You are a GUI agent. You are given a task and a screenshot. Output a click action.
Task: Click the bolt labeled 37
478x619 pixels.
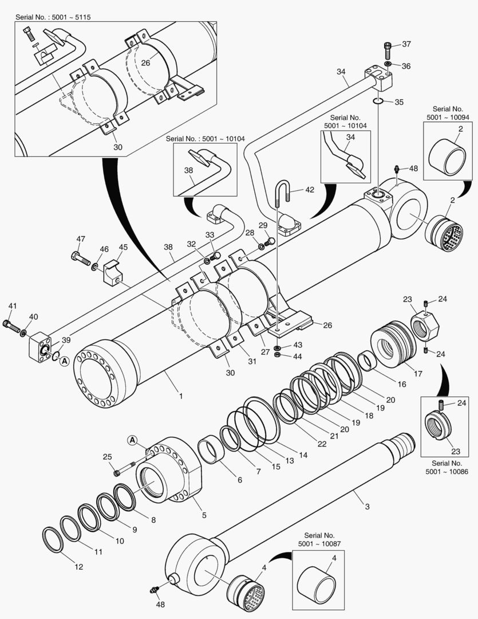388,50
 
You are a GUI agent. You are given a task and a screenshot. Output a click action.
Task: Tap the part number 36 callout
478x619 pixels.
406,66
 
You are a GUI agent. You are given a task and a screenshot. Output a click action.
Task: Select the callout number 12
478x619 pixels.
78,567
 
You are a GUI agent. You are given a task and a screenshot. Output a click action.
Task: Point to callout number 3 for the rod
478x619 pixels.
368,506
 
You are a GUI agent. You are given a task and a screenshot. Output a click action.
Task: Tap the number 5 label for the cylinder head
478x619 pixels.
204,515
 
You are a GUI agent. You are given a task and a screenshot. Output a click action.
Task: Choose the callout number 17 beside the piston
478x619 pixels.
417,373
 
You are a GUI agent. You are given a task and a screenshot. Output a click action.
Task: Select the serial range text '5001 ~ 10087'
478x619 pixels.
317,542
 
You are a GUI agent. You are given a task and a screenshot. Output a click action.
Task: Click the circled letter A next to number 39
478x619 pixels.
64,361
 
